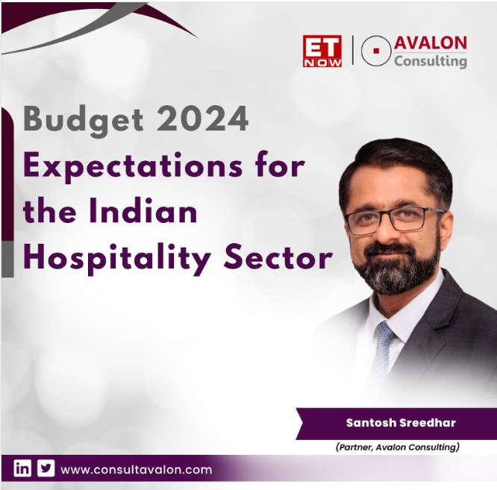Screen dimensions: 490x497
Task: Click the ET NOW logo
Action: pyautogui.click(x=322, y=51)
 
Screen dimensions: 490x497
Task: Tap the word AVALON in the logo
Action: pyautogui.click(x=431, y=43)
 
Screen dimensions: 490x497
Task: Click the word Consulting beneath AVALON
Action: pyautogui.click(x=430, y=61)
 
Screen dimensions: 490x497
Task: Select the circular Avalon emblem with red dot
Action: pyautogui.click(x=376, y=51)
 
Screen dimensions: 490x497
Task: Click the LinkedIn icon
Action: pyautogui.click(x=23, y=469)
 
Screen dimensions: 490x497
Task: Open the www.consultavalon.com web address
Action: pyautogui.click(x=136, y=470)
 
